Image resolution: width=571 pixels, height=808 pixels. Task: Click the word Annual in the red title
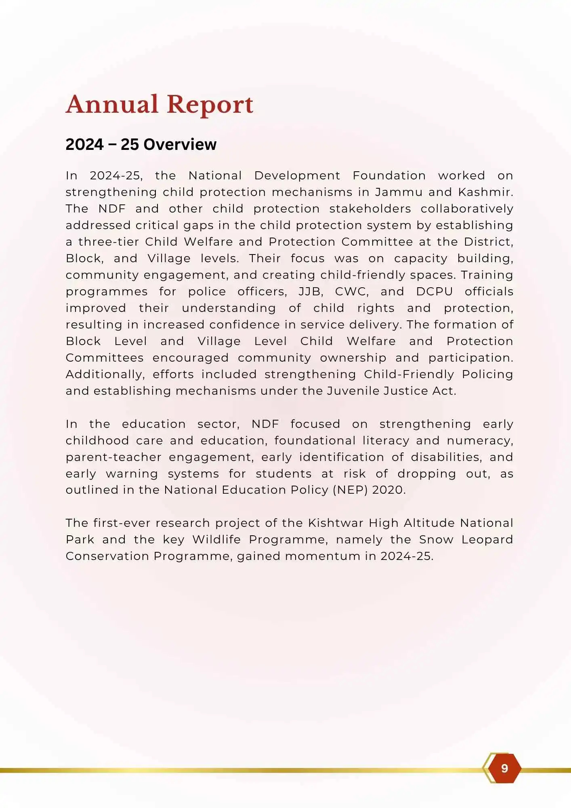tap(112, 104)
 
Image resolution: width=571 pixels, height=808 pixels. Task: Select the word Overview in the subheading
tap(180, 145)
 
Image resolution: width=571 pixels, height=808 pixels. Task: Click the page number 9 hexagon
tap(504, 768)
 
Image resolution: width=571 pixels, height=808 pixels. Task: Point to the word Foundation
tap(389, 176)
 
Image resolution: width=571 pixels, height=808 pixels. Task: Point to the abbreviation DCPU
tap(434, 292)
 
